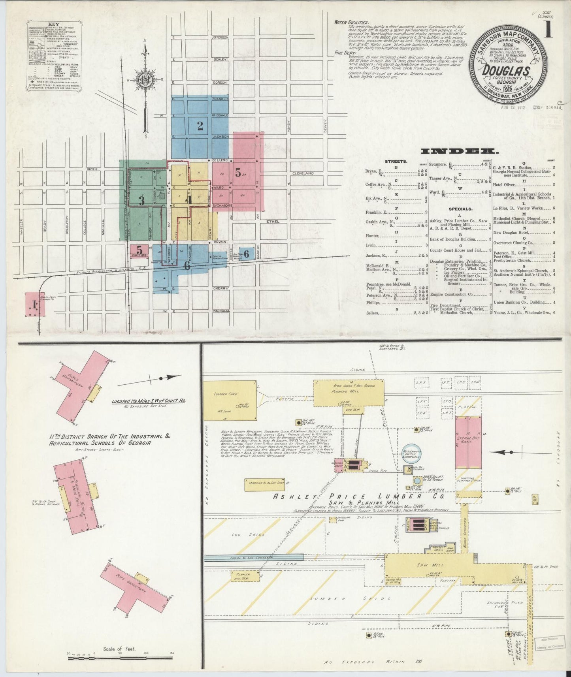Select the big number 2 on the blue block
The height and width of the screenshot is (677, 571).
point(200,126)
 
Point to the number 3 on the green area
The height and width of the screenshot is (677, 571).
point(141,201)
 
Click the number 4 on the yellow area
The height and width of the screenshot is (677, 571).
point(189,199)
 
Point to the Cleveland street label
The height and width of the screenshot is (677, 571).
point(303,173)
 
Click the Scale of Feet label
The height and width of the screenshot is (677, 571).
point(119,649)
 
